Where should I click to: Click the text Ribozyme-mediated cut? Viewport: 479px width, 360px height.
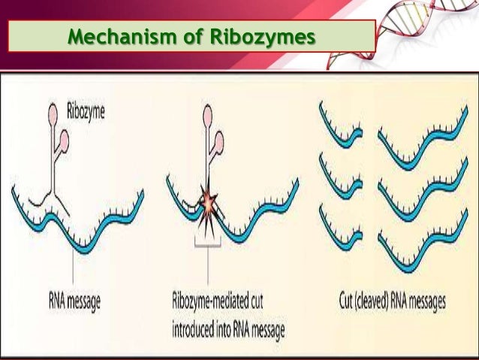218,302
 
